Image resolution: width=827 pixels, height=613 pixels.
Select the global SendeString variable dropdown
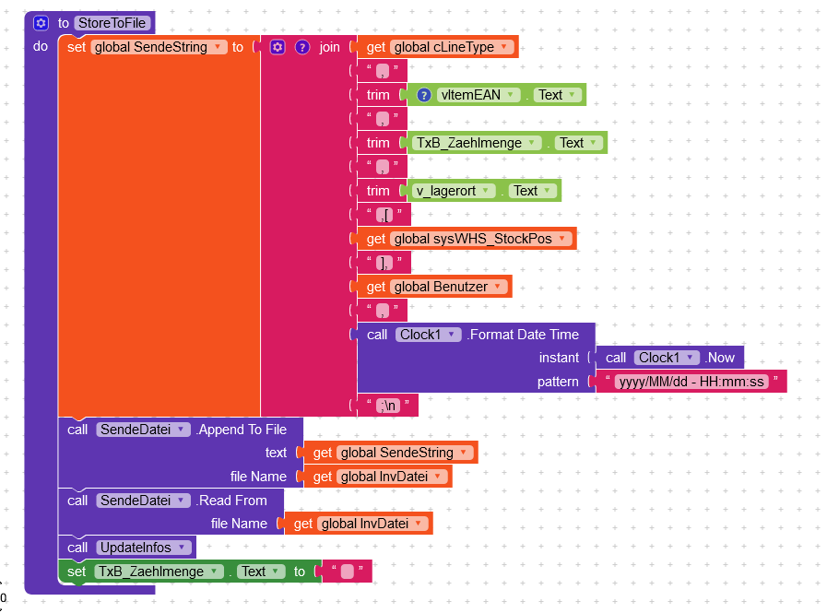point(159,47)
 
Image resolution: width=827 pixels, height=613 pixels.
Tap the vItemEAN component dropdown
point(476,95)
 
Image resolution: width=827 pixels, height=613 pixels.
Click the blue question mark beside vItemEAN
point(424,95)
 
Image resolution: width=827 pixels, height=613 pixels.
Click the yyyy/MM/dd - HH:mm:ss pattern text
point(691,382)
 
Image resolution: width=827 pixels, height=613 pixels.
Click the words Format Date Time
point(523,335)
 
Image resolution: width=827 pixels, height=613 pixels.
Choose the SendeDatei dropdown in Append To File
point(143,430)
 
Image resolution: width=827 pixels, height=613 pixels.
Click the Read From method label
point(231,501)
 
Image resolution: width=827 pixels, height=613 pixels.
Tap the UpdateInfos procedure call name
point(135,548)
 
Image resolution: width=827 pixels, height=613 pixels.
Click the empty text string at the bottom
point(347,572)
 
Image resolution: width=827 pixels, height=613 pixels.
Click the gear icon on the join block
point(278,47)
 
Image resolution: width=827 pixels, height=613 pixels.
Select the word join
point(330,47)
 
